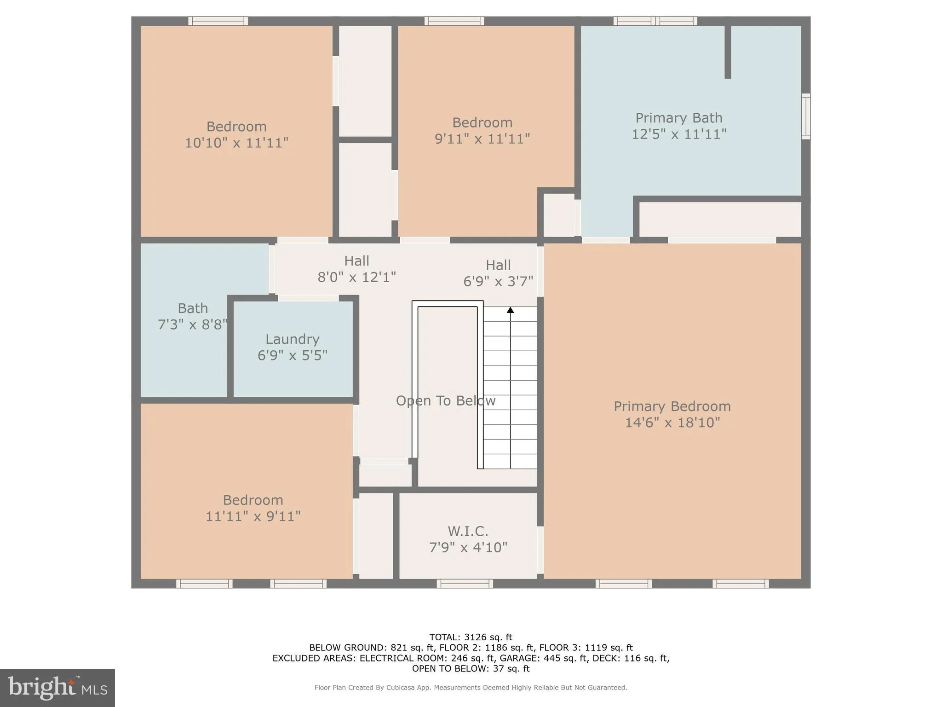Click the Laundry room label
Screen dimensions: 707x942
pos(292,340)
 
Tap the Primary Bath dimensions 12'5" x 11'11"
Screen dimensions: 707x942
pos(679,134)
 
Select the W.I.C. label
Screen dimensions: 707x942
pos(468,531)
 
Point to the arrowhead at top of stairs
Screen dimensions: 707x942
pos(510,310)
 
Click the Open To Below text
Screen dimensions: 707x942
pos(445,401)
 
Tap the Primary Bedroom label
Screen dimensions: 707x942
pos(672,406)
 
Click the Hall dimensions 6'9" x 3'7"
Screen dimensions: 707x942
pos(498,281)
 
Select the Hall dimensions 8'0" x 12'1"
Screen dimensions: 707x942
pos(356,277)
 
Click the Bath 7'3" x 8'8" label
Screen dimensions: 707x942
pos(193,316)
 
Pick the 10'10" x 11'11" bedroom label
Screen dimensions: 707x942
pos(236,134)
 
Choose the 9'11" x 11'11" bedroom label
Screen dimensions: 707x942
pos(482,131)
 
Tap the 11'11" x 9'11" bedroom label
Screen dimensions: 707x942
pos(253,508)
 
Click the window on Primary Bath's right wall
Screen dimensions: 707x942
pos(805,116)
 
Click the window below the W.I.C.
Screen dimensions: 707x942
pos(465,584)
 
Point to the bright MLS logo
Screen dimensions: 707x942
pos(57,688)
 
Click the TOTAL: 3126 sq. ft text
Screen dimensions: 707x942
pos(471,637)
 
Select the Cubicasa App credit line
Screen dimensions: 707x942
pos(471,688)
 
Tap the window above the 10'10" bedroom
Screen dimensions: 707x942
pos(218,21)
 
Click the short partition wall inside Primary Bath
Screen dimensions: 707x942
pos(728,52)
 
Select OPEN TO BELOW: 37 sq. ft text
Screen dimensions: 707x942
pos(471,669)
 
